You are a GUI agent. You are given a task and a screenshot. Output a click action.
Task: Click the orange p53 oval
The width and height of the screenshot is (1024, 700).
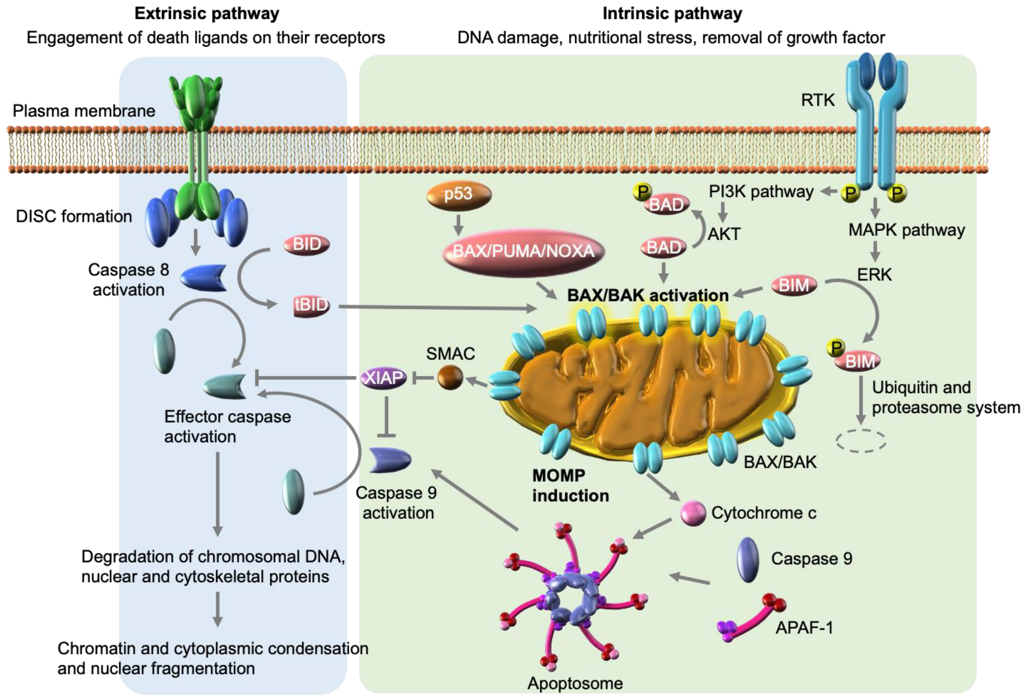coord(458,195)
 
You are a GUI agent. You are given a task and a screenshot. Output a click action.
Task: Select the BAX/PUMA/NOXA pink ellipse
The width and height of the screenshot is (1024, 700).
coord(523,251)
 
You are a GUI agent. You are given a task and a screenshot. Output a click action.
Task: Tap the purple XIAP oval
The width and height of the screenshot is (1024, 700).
coord(384,378)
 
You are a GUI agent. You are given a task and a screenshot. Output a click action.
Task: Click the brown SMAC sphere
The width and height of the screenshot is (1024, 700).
coord(450,378)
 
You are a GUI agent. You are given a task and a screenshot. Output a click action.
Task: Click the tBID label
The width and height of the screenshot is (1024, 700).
coord(311,305)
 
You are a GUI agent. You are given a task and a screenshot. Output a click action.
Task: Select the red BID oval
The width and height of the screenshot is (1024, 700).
coord(307,244)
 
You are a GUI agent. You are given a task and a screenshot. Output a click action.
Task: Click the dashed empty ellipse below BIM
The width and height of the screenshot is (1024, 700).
coord(861,441)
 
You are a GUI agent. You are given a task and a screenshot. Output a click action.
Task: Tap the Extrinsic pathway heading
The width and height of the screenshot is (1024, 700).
coord(207,13)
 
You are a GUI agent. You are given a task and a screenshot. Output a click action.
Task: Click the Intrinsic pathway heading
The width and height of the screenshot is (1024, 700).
coord(672,13)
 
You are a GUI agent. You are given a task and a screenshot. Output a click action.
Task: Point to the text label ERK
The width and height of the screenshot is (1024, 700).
coord(874,275)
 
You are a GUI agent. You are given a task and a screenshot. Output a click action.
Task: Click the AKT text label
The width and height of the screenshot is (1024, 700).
coord(724,234)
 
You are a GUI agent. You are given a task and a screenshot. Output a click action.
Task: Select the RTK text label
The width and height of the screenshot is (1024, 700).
coord(818,100)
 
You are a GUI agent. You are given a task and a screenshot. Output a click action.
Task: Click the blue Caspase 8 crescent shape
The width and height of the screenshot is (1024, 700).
coord(203,278)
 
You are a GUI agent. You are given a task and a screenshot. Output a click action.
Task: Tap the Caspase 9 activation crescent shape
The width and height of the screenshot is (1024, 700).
coord(389,460)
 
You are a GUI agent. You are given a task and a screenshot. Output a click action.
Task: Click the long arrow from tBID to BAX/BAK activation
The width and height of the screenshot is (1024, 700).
coord(435,307)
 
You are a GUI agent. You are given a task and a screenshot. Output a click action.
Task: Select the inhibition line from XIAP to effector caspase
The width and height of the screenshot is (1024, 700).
coord(307,378)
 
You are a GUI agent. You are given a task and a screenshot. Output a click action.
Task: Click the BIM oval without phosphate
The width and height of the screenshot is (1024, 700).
coord(793,285)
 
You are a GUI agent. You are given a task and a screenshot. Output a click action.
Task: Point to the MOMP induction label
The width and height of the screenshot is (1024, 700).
coord(570,485)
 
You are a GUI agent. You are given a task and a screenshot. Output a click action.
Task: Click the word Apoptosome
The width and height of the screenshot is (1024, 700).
coord(575,683)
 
